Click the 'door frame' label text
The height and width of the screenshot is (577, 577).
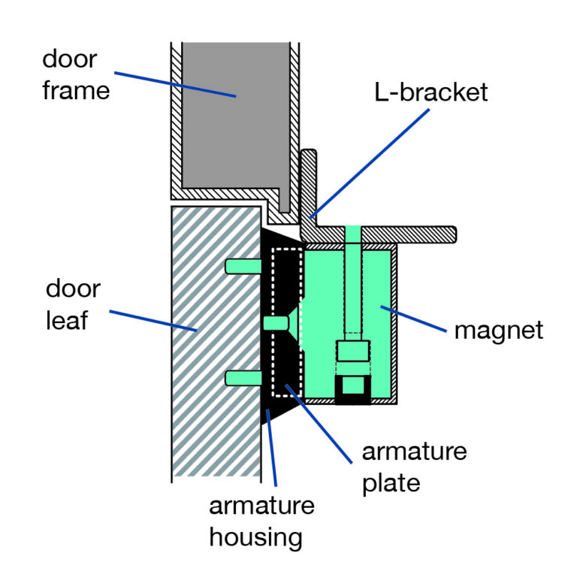tap(76, 75)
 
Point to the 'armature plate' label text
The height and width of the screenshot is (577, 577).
tap(414, 467)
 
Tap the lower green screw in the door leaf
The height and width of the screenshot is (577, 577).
tap(242, 378)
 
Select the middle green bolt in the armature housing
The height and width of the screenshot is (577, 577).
tap(275, 322)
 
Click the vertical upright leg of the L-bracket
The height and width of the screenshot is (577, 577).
tap(309, 184)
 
